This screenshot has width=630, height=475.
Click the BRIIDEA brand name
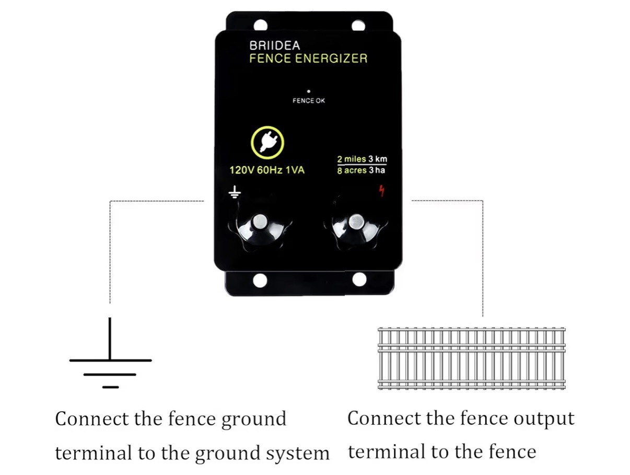[274, 45]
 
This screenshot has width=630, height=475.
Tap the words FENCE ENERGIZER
[308, 59]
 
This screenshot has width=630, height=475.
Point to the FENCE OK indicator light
[309, 91]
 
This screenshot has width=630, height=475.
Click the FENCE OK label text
[309, 101]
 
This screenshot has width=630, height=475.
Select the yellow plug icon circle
[267, 142]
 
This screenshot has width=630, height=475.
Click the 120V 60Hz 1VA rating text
[267, 170]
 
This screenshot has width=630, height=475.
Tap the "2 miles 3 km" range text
[362, 159]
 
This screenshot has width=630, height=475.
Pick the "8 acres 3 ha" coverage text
[362, 171]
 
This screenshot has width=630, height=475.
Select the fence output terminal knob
[357, 223]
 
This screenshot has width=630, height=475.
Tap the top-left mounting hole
[260, 25]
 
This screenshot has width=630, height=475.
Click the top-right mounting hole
[358, 25]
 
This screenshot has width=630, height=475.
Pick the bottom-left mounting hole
[260, 281]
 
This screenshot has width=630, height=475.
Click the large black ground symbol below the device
[110, 361]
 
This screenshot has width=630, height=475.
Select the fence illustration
[471, 358]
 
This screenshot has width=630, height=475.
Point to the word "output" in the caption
[544, 419]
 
